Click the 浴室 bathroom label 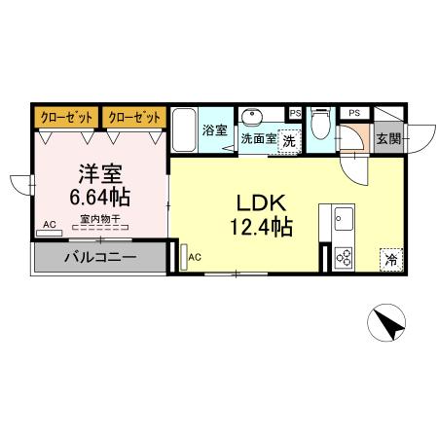click(215, 130)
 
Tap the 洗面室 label click(258, 139)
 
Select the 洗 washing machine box click(289, 141)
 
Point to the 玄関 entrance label click(387, 139)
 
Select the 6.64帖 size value click(98, 197)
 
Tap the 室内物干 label click(99, 220)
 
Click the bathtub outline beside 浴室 click(185, 130)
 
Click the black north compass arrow click(386, 324)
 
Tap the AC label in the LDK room click(195, 257)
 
